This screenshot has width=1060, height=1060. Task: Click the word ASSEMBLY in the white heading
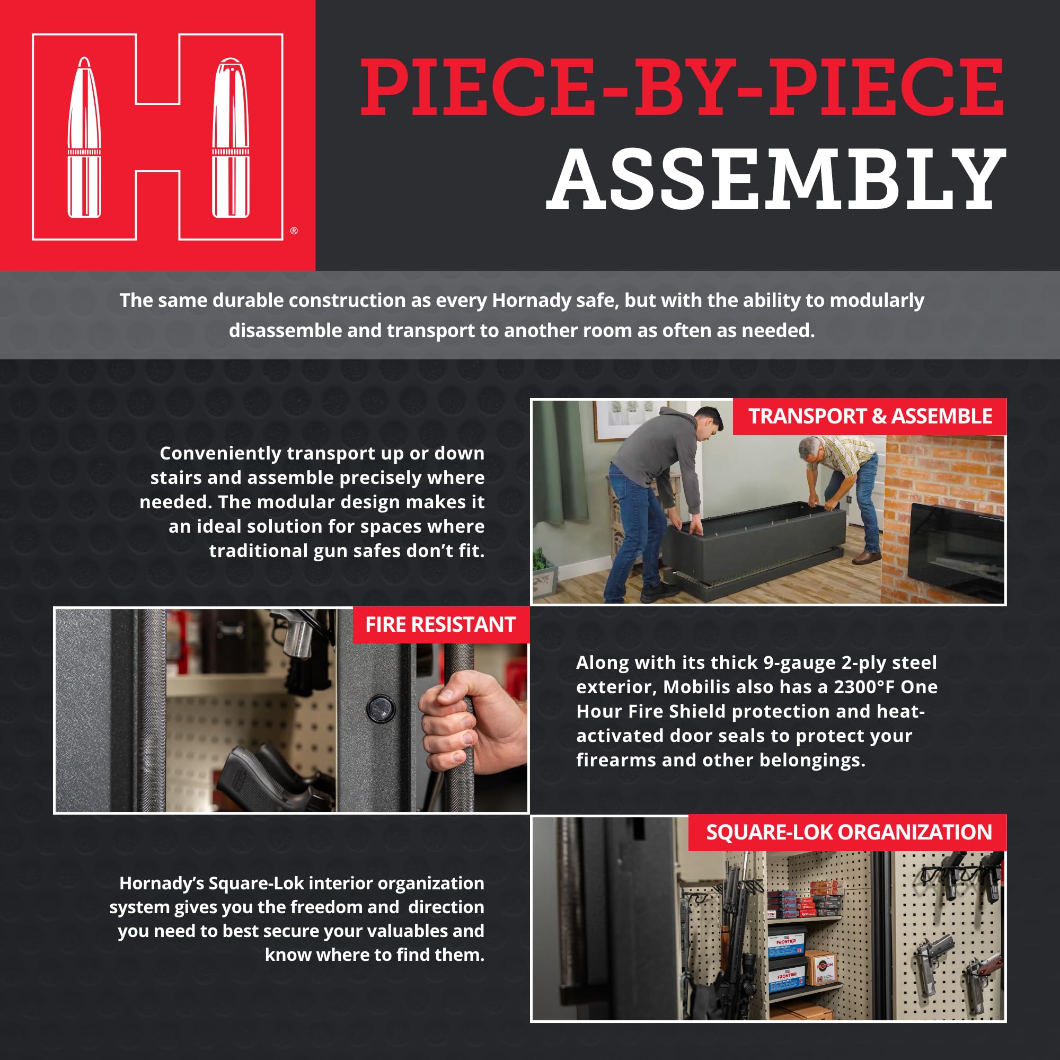[x=776, y=180]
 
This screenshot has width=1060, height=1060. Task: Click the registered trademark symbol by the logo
[x=294, y=231]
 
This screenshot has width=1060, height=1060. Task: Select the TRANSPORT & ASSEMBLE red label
[x=870, y=417]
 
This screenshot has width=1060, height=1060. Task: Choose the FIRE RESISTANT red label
[x=440, y=624]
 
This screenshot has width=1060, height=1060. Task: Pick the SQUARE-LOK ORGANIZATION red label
[x=848, y=832]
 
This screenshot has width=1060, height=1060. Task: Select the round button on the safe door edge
[x=380, y=708]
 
